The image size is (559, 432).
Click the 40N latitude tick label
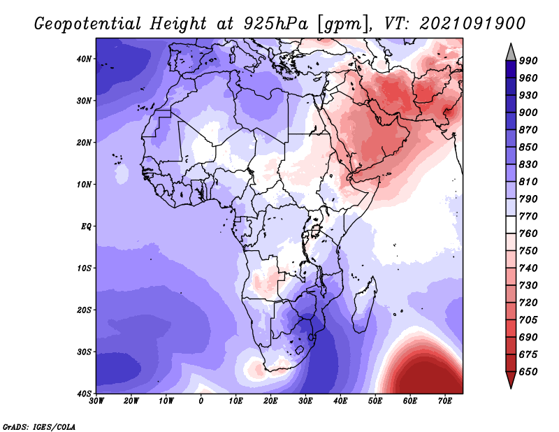click(x=84, y=59)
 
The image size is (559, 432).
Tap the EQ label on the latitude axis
click(x=86, y=226)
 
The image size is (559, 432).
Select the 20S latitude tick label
click(x=84, y=310)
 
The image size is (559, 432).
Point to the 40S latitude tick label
click(x=84, y=394)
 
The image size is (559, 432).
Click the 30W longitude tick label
click(x=96, y=401)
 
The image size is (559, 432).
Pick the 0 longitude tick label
click(x=201, y=401)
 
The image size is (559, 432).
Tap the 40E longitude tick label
click(x=340, y=401)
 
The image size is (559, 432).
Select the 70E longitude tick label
click(x=445, y=401)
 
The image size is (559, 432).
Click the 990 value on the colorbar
click(x=528, y=61)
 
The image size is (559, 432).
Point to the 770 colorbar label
click(x=528, y=216)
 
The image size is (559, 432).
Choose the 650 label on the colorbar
click(x=528, y=372)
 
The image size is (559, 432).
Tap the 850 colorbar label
click(x=528, y=147)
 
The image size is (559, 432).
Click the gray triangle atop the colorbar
click(x=511, y=54)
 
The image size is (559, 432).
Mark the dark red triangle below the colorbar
click(x=511, y=378)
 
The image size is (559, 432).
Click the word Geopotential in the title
click(x=88, y=24)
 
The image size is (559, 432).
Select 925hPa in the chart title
click(x=275, y=24)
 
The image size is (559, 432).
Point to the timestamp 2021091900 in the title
click(x=472, y=24)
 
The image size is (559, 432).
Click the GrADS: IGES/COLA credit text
click(x=39, y=426)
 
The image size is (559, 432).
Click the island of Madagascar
click(x=363, y=307)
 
